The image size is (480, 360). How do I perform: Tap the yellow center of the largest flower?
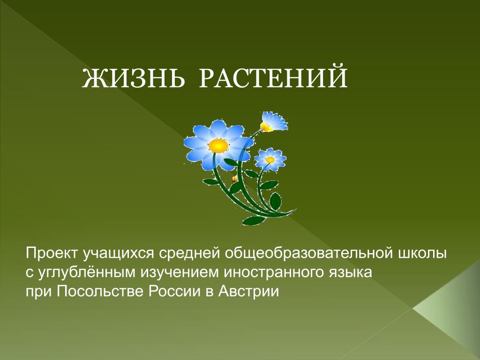click(x=218, y=145)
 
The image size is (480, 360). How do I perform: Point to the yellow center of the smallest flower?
click(x=270, y=160)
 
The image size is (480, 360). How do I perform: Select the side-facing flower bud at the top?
click(x=274, y=122)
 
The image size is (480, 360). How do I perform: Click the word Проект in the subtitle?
click(x=52, y=254)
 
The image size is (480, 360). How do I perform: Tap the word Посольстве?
click(x=100, y=291)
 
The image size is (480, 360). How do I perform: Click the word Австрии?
click(x=248, y=291)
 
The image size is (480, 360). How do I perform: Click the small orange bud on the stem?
click(x=234, y=179)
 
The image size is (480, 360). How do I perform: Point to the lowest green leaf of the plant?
click(x=253, y=220)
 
